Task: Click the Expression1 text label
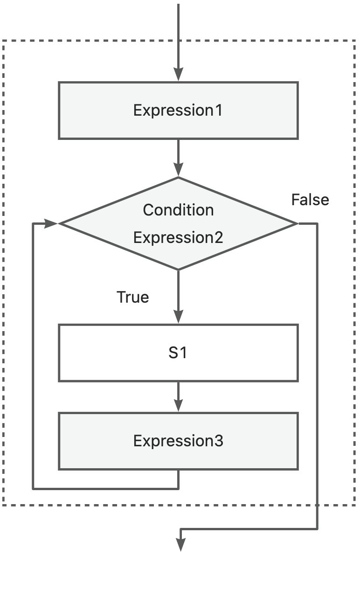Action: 178,110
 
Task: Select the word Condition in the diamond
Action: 178,210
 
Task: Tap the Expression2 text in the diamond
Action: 178,237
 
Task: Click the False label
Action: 310,200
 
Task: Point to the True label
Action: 133,297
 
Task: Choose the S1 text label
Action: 178,353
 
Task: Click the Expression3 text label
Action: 178,441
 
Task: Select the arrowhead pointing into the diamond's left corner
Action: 51,223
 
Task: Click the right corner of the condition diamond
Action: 298,224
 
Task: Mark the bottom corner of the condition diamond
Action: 178,270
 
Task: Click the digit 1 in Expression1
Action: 219,110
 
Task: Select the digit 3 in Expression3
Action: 219,441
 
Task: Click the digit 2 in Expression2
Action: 219,237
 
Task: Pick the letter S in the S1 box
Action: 173,353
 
